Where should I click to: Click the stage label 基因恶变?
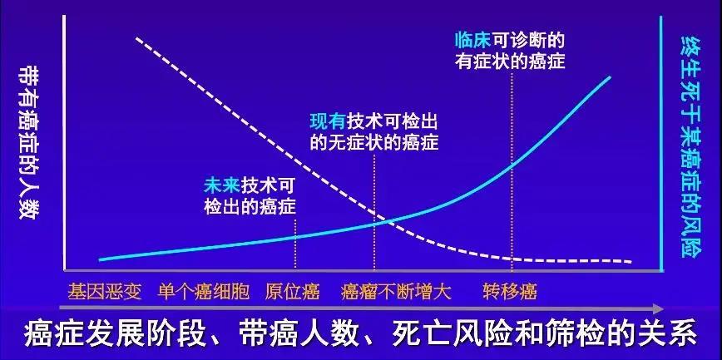pyautogui.click(x=105, y=292)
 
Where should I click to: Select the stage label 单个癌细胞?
pyautogui.click(x=204, y=292)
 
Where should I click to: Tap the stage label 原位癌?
pyautogui.click(x=293, y=292)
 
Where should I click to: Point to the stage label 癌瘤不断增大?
pyautogui.click(x=396, y=292)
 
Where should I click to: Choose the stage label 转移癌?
pyautogui.click(x=510, y=292)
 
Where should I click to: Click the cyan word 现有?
pyautogui.click(x=329, y=121)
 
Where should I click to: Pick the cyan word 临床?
pyautogui.click(x=473, y=41)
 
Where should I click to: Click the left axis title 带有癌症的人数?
pyautogui.click(x=27, y=142)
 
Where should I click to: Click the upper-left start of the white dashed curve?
pyautogui.click(x=136, y=38)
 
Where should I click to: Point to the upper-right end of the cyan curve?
pyautogui.click(x=611, y=76)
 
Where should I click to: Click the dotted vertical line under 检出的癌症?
pyautogui.click(x=295, y=243)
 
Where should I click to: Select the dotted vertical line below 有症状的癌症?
pyautogui.click(x=512, y=170)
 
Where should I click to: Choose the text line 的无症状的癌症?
pyautogui.click(x=374, y=142)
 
